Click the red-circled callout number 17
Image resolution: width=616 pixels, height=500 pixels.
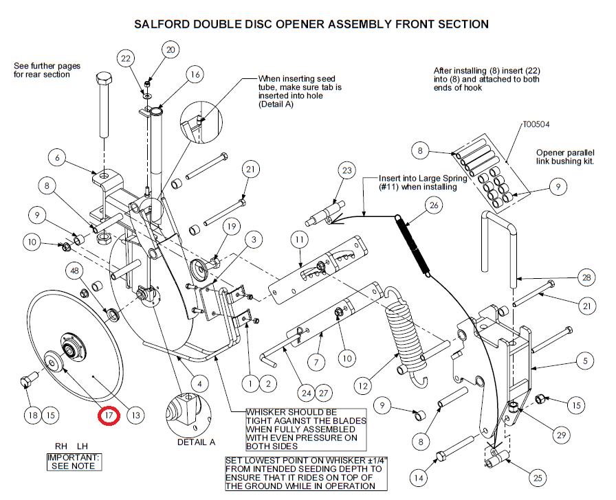pos(109,416)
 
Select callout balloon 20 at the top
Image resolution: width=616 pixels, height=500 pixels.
pos(170,50)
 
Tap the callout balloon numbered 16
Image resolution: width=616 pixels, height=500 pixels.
pos(195,75)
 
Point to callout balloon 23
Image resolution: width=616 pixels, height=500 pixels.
pos(347,170)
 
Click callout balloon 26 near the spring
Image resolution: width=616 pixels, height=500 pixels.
pos(434,205)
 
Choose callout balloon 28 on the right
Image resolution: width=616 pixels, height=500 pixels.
pos(586,278)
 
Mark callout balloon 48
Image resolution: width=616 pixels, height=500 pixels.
pos(74,271)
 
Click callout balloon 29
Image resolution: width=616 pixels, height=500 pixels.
pos(562,435)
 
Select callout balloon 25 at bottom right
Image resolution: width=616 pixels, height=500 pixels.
pos(538,477)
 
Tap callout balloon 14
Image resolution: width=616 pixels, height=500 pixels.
pos(419,477)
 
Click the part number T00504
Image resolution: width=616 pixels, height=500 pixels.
pos(536,124)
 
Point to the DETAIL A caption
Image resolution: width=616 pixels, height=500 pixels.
pos(197,442)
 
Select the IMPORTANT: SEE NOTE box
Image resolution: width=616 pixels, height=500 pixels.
pos(74,462)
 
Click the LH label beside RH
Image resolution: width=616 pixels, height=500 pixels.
pos(82,446)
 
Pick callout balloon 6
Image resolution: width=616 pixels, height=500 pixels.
pos(57,158)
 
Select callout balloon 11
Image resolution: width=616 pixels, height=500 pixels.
pos(300,240)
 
